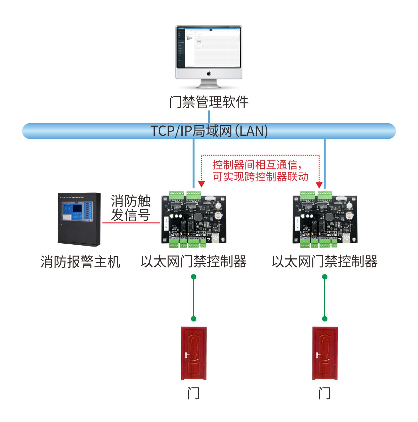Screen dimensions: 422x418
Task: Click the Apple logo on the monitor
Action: tap(209, 74)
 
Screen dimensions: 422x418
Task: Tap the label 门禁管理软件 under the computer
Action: tap(209, 102)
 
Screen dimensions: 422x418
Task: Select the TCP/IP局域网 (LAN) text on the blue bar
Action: tap(209, 131)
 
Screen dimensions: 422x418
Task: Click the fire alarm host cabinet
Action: tap(79, 219)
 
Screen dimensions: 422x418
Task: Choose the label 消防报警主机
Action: tap(80, 262)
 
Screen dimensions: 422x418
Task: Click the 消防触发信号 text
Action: tap(130, 208)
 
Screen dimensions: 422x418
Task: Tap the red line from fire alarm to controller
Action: tap(131, 223)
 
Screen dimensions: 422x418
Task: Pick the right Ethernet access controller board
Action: tap(325, 219)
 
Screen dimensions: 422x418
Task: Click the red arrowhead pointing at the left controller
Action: tap(201, 184)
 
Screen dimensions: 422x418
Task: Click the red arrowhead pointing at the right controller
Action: tap(319, 185)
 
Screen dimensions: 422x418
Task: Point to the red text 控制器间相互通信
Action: tap(256, 165)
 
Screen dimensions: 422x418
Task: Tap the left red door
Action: tap(194, 353)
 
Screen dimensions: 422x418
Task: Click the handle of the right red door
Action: tap(318, 355)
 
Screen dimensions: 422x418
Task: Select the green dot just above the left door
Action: tap(193, 319)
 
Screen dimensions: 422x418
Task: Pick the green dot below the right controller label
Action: tap(325, 277)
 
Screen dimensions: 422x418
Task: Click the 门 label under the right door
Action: tap(324, 393)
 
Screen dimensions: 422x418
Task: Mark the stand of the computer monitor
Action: tap(209, 84)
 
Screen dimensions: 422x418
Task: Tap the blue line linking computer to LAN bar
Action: tap(209, 117)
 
